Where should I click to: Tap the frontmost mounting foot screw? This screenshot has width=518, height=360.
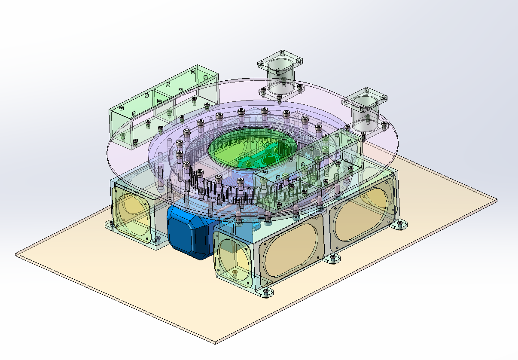click(267, 292)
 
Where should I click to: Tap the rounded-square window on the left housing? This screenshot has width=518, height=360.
click(133, 215)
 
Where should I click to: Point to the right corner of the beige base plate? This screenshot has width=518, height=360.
click(496, 200)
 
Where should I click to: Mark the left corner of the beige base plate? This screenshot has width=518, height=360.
click(16, 255)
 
